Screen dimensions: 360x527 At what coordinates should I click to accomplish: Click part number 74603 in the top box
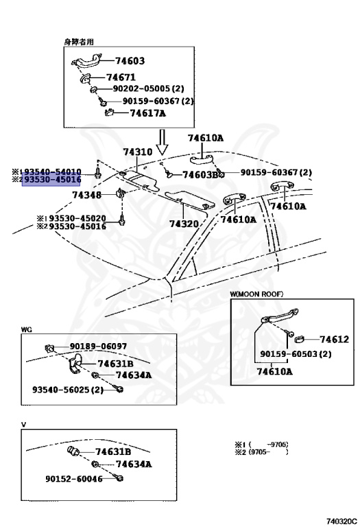(130, 61)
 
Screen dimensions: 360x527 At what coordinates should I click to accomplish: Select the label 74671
(121, 78)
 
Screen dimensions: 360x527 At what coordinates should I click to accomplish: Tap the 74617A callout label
(147, 113)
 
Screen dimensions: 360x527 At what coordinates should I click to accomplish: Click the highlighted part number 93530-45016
(51, 180)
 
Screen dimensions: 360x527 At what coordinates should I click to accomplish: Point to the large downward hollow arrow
(163, 142)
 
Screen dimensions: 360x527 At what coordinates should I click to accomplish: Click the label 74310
(138, 152)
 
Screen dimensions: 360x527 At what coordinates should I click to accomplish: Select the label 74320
(184, 224)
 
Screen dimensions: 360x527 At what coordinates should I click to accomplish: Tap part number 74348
(86, 195)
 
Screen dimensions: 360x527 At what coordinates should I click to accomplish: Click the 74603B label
(200, 175)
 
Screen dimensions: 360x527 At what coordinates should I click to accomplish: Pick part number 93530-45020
(77, 218)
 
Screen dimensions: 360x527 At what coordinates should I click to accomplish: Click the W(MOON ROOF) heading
(256, 294)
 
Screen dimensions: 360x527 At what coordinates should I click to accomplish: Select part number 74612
(334, 340)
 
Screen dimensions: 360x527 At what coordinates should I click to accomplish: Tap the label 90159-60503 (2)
(296, 354)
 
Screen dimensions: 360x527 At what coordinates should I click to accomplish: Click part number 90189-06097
(98, 346)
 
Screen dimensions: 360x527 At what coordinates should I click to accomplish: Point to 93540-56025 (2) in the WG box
(68, 390)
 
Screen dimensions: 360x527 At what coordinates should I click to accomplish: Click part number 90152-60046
(74, 478)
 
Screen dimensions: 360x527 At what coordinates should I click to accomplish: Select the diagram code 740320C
(341, 522)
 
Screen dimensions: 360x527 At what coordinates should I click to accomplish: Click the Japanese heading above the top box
(79, 42)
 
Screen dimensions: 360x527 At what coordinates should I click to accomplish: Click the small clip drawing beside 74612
(300, 339)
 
